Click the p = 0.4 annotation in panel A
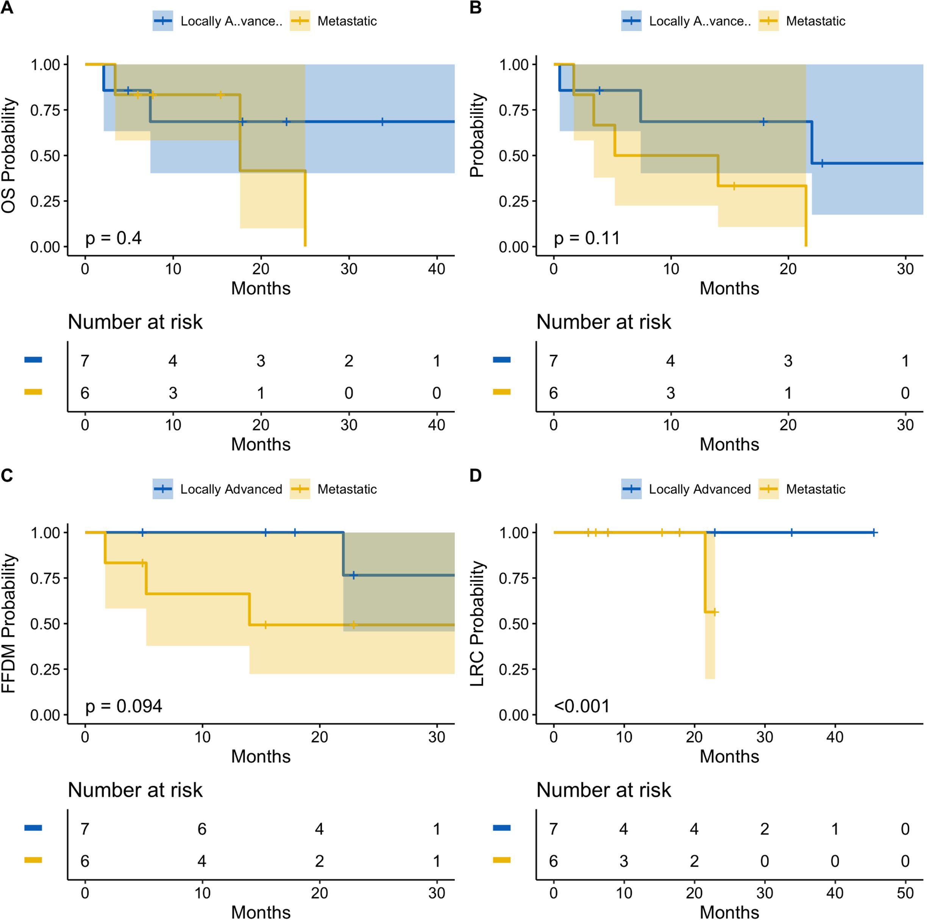[x=113, y=238]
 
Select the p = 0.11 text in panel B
[x=586, y=238]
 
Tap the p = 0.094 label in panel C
[x=123, y=706]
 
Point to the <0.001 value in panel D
[x=582, y=706]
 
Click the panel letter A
[x=7, y=8]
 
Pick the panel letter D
[x=476, y=476]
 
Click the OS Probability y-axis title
[x=9, y=155]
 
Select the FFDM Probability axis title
[x=9, y=623]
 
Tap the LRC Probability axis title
[x=478, y=623]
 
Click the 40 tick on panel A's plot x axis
[x=436, y=269]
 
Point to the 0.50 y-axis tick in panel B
[x=513, y=156]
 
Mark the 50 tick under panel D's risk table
[x=905, y=893]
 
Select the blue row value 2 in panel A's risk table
[x=349, y=361]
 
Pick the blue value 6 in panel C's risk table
[x=202, y=829]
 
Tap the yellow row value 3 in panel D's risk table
[x=624, y=861]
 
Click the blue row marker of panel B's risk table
[x=501, y=359]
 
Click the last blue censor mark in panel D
[x=874, y=533]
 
